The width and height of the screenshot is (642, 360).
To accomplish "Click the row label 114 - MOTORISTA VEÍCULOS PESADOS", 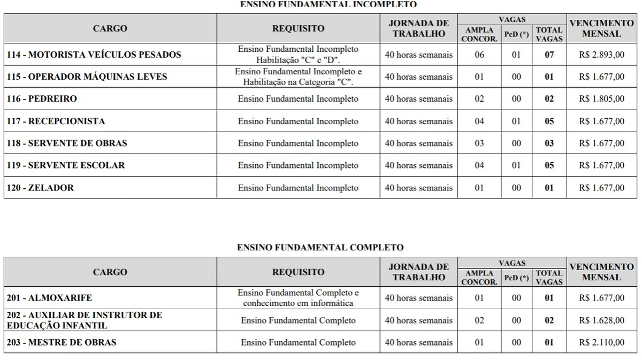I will point(94,55).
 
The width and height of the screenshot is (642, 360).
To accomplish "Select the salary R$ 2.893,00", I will point(601,55).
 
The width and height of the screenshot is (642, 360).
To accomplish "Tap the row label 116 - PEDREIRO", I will point(42,99).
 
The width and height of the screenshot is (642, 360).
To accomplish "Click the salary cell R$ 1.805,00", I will point(601,99).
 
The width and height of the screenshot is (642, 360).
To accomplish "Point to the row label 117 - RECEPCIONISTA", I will point(56,121).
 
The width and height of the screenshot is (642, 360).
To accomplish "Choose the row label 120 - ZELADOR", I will point(41,188).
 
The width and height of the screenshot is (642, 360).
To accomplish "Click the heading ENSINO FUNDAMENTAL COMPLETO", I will point(320,248).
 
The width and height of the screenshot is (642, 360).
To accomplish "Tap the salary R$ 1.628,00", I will point(601,320).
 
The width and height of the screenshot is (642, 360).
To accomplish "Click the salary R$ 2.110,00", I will point(601,342).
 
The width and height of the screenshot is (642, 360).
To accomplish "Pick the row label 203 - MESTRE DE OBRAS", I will point(62,342).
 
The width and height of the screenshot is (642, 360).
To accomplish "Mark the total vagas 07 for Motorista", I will point(549,55).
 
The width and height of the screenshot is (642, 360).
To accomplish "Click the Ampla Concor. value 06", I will point(479,55).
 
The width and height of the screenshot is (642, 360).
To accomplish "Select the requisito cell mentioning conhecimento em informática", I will point(299,298).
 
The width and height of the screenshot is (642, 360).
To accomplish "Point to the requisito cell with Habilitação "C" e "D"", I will point(299,55).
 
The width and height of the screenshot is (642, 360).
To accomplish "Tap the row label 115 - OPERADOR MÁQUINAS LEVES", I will point(87,76).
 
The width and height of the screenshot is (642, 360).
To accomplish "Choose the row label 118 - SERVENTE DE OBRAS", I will point(67,143).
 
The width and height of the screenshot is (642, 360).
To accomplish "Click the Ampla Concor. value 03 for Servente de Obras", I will point(479,143).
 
